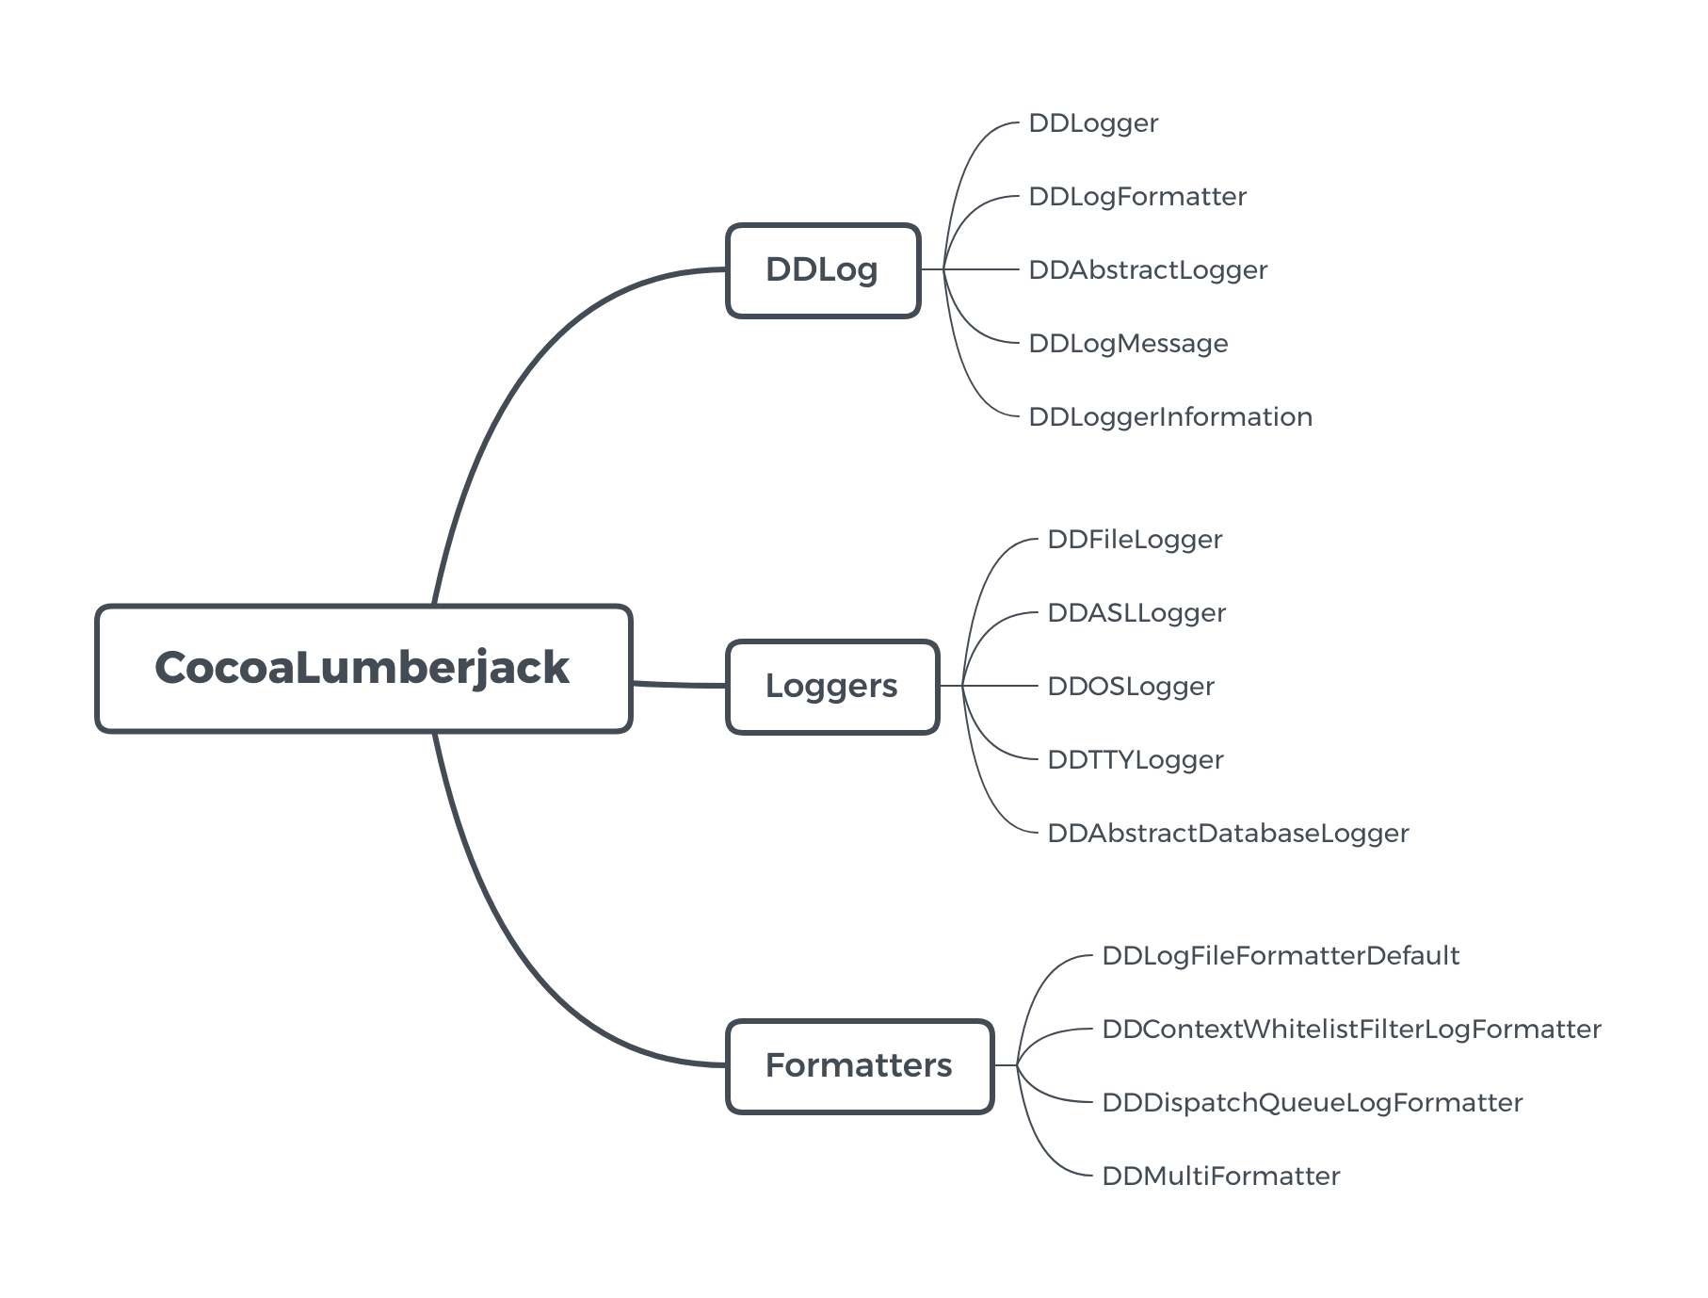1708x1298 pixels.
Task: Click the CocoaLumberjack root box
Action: [x=363, y=668]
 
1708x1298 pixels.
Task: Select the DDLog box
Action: [x=822, y=270]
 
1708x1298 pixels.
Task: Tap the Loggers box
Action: [x=831, y=687]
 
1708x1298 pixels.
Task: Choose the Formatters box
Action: [x=859, y=1065]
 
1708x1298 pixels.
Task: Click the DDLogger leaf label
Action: [x=1092, y=123]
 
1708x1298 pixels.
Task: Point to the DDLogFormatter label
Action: [x=1136, y=197]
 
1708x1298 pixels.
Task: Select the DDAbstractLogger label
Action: [x=1147, y=270]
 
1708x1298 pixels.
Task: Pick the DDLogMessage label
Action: [x=1127, y=344]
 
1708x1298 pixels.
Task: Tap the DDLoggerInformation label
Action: [x=1169, y=417]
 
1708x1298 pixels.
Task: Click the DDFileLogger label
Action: [x=1134, y=540]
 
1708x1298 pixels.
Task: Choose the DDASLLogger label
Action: [x=1136, y=613]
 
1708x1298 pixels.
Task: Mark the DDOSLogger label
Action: [x=1130, y=687]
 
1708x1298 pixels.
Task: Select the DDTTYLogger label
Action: [x=1135, y=760]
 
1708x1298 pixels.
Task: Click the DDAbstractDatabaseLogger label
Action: [x=1227, y=834]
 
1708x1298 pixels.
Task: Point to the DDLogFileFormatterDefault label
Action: [x=1280, y=956]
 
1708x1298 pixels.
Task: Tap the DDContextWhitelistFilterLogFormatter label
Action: [x=1350, y=1030]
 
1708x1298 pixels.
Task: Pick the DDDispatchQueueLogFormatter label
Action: [x=1311, y=1103]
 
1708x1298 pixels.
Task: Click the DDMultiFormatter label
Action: [x=1220, y=1176]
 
